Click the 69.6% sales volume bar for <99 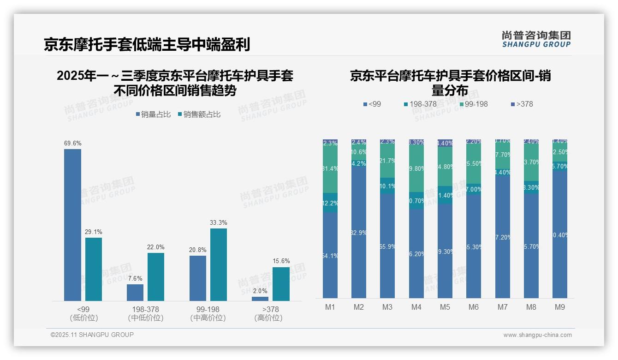tap(72, 225)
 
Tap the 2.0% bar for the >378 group tap(260, 299)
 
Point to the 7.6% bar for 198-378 tap(135, 293)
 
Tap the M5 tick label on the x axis tap(445, 307)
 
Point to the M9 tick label tap(559, 307)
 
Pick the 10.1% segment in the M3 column tap(387, 186)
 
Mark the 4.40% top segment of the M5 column tap(445, 143)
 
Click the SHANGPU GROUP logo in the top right tap(536, 39)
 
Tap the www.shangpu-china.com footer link tap(537, 335)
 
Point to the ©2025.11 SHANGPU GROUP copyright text tap(92, 335)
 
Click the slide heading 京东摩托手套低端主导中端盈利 tap(147, 44)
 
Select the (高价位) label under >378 tap(268, 318)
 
